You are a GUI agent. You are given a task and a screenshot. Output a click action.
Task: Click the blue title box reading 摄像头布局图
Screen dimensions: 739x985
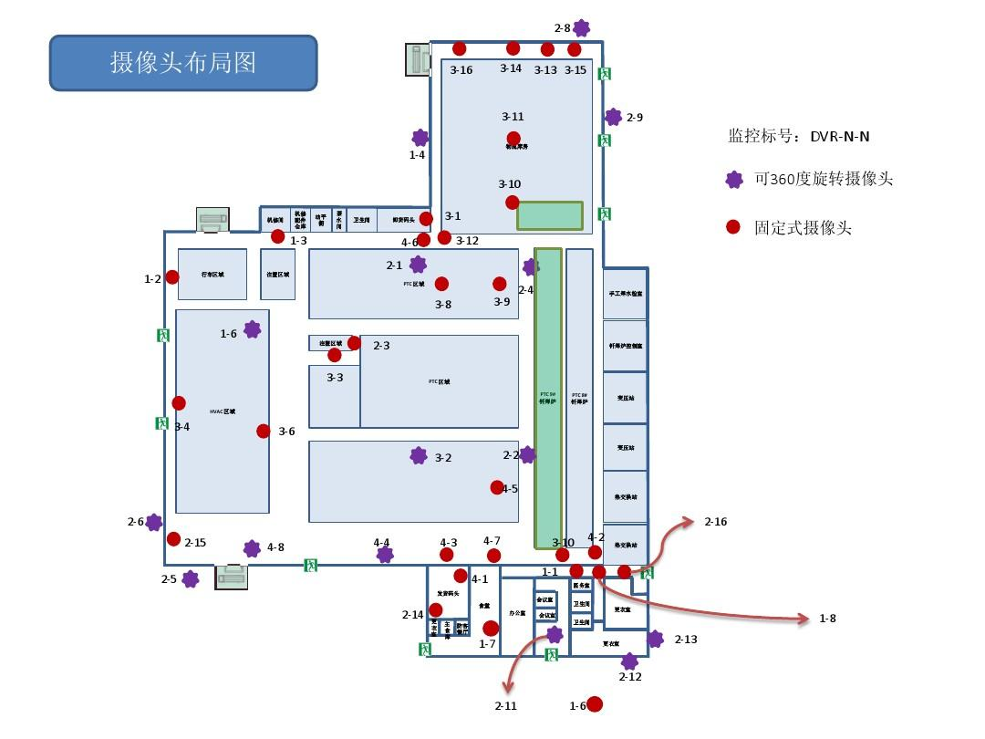pyautogui.click(x=182, y=63)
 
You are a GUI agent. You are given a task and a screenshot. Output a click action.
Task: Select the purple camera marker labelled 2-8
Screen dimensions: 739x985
pyautogui.click(x=581, y=29)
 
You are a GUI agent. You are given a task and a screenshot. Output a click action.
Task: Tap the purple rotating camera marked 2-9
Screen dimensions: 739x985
pyautogui.click(x=613, y=117)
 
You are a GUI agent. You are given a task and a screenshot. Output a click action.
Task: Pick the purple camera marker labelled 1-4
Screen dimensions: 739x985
pyautogui.click(x=420, y=138)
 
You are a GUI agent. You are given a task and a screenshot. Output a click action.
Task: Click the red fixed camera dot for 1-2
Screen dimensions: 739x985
pyautogui.click(x=172, y=277)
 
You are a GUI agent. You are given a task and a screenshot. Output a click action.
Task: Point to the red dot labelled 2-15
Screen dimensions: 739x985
pyautogui.click(x=173, y=539)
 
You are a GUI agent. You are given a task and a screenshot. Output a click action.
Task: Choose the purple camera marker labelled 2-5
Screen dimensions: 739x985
pyautogui.click(x=190, y=579)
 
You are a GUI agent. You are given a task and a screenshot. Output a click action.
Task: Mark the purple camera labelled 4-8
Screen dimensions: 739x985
pyautogui.click(x=252, y=548)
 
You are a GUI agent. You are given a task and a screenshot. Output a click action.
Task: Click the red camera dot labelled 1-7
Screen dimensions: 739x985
pyautogui.click(x=491, y=628)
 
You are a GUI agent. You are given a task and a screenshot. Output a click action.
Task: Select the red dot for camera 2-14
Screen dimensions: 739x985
pyautogui.click(x=436, y=609)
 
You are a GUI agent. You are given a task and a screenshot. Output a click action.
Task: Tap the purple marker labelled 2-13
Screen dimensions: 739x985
pyautogui.click(x=655, y=639)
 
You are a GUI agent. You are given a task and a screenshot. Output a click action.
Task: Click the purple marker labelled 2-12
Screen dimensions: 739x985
pyautogui.click(x=629, y=661)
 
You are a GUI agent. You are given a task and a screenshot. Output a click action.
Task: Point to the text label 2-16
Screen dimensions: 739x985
pyautogui.click(x=716, y=522)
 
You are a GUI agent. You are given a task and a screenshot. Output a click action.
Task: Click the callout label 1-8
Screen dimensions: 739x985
pyautogui.click(x=827, y=619)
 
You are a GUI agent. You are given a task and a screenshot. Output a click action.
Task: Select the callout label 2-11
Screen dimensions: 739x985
pyautogui.click(x=505, y=705)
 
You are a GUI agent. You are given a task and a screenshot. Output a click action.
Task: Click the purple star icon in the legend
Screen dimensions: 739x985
pyautogui.click(x=733, y=180)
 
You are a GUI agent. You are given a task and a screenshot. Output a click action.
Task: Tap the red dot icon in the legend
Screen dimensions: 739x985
pyautogui.click(x=732, y=227)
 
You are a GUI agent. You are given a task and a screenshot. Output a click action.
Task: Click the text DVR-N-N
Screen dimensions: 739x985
pyautogui.click(x=839, y=137)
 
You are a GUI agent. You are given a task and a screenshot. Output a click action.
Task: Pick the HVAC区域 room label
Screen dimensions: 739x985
pyautogui.click(x=223, y=411)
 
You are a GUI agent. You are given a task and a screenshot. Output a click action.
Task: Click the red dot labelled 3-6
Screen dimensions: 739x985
pyautogui.click(x=264, y=432)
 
